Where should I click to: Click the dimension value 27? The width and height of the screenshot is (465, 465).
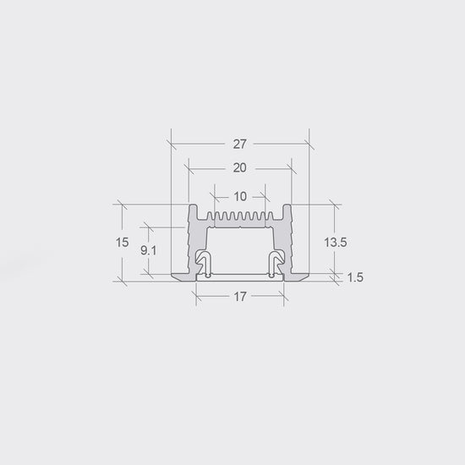239,144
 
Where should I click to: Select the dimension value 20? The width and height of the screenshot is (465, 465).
239,168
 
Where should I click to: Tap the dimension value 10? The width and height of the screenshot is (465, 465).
240,197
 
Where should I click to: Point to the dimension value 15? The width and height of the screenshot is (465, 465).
123,243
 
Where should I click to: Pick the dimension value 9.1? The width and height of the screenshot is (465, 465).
148,251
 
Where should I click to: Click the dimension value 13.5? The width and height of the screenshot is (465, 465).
336,243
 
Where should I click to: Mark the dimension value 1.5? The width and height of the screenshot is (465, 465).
355,277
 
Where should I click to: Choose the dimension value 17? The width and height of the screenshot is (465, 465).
240,296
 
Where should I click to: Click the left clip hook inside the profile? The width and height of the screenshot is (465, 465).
204,261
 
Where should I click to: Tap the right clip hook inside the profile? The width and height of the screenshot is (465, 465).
276,261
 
